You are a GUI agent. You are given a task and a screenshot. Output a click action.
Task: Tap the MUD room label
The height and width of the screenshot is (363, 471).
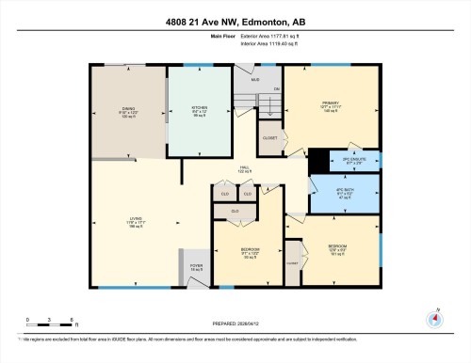tap(254, 79)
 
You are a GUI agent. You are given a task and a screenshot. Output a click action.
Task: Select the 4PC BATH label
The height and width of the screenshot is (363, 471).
tap(344, 192)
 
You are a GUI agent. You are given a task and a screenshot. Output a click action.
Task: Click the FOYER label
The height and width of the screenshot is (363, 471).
tap(197, 266)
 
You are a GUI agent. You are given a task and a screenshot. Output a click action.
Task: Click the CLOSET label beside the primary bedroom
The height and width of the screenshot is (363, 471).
tap(269, 137)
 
